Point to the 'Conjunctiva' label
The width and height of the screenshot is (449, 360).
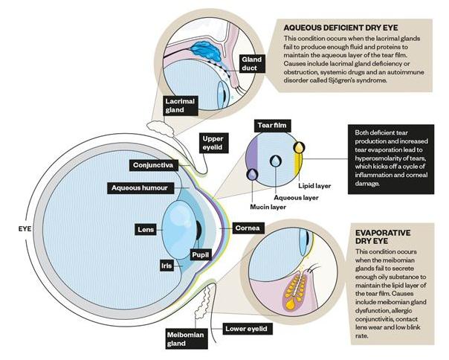click(152, 164)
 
